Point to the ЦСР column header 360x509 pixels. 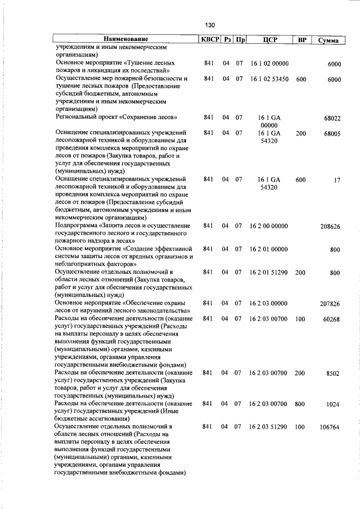[x=269, y=40]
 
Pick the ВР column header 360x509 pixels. [x=301, y=40]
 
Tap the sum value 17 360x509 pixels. [x=337, y=181]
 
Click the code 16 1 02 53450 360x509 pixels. [x=269, y=79]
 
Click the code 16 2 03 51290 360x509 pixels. [x=269, y=427]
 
